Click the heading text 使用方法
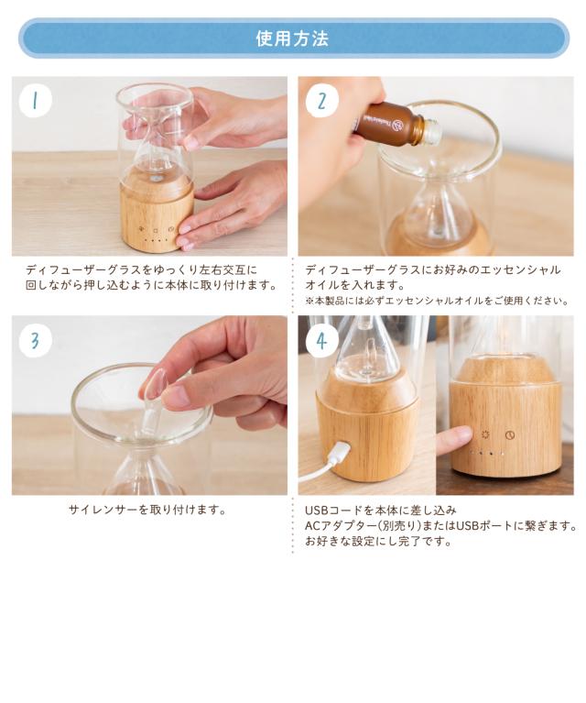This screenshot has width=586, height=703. pyautogui.click(x=292, y=38)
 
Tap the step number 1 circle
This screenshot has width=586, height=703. pyautogui.click(x=36, y=101)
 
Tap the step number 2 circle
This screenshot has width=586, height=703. pyautogui.click(x=321, y=101)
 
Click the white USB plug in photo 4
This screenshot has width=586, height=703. pyautogui.click(x=337, y=454)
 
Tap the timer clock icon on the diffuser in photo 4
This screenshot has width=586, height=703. pyautogui.click(x=510, y=434)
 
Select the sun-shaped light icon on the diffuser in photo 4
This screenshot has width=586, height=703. pyautogui.click(x=485, y=434)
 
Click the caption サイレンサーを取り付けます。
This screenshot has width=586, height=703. pyautogui.click(x=146, y=510)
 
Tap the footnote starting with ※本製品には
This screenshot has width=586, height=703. pyautogui.click(x=438, y=301)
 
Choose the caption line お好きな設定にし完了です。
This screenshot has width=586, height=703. pyautogui.click(x=378, y=541)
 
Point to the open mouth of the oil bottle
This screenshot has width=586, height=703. pyautogui.click(x=435, y=130)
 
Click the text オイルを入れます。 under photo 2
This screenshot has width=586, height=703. pyautogui.click(x=355, y=285)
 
